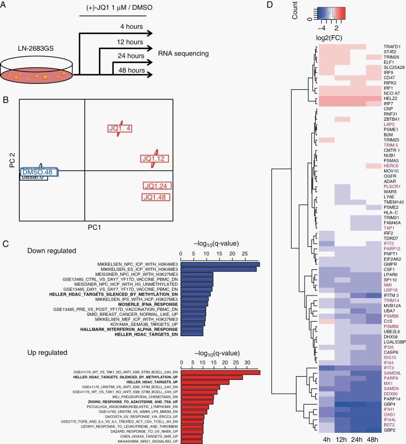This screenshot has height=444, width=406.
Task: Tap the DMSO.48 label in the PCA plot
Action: [40, 172]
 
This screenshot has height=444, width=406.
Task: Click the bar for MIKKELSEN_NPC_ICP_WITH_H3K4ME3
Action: [220, 264]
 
